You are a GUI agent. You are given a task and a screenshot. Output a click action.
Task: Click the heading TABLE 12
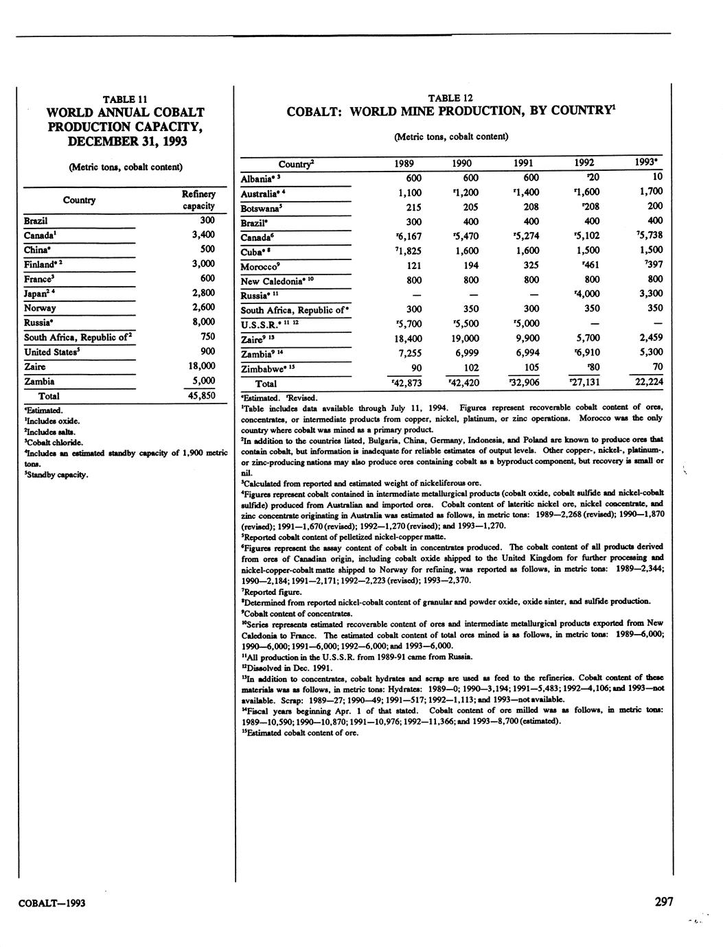click(450, 98)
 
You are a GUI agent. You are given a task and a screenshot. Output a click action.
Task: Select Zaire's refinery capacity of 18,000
click(202, 366)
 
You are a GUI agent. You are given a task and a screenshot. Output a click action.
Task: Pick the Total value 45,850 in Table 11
click(202, 396)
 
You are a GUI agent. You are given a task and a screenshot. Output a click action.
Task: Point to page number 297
click(663, 902)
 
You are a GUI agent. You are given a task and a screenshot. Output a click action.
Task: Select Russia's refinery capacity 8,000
click(203, 322)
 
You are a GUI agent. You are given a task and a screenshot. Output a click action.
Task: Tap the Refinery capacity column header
click(199, 200)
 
